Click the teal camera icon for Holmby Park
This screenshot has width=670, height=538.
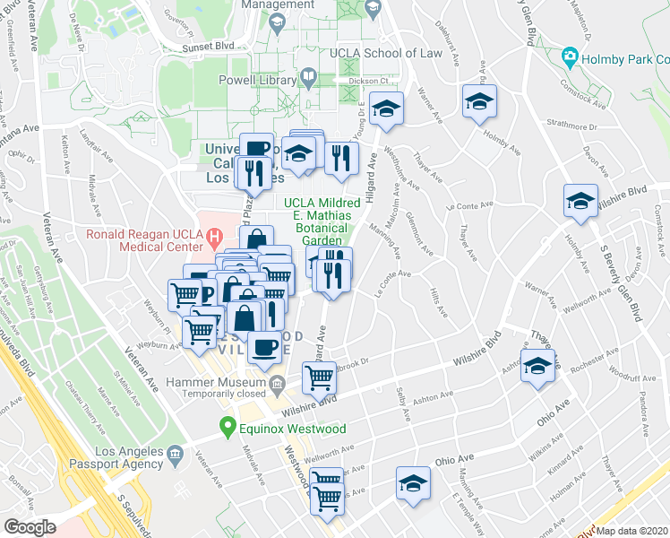coord(569,59)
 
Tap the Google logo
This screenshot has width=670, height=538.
coord(30,527)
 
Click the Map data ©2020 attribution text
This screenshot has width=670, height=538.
coord(631,531)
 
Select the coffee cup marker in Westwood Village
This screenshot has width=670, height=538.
coord(264,346)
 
